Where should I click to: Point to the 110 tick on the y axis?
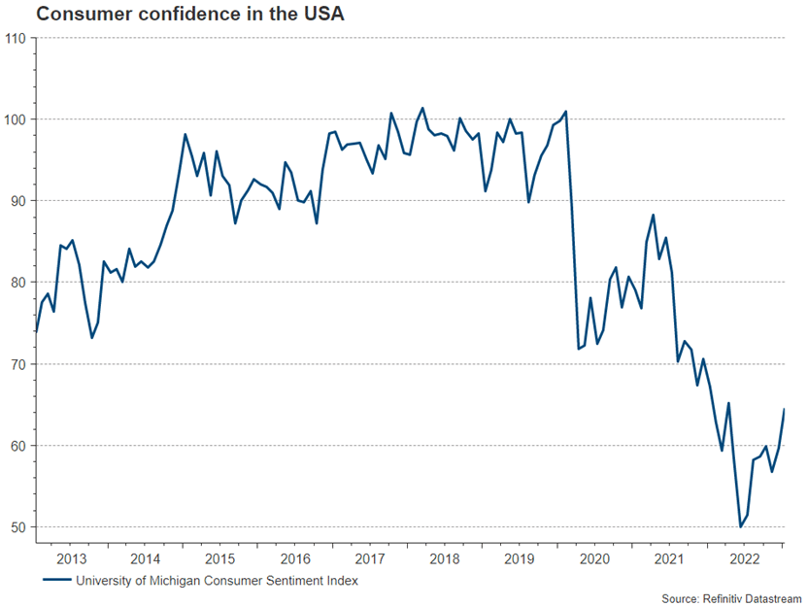coord(16,38)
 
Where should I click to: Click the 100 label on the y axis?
coord(16,119)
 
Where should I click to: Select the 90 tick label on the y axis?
coord(18,201)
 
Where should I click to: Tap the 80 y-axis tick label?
coord(18,283)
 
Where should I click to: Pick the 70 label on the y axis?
coord(18,364)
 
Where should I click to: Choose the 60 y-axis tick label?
coord(18,446)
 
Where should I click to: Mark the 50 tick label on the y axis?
coord(18,527)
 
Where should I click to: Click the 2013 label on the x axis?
coord(72,559)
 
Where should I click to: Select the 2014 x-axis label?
coord(146,559)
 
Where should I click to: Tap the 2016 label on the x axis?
coord(295,559)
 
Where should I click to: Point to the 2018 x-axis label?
coord(445,559)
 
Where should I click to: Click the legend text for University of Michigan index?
coord(216,581)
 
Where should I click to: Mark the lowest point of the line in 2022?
coord(740,526)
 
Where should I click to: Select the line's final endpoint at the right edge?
coord(784,410)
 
